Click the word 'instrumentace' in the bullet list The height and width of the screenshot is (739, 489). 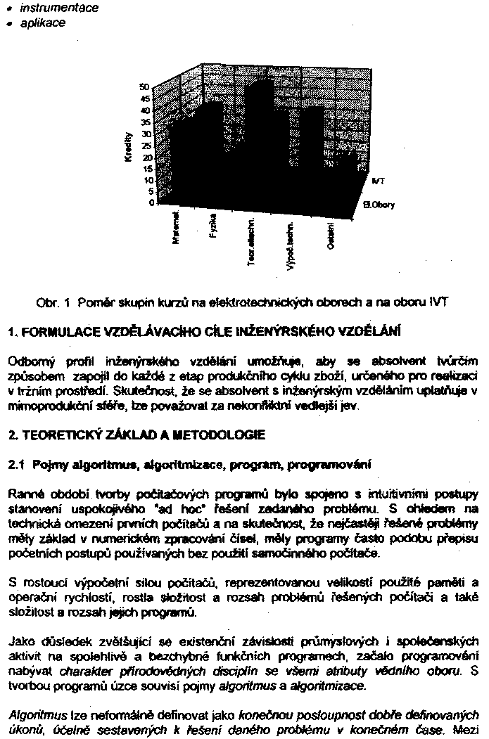(x=59, y=8)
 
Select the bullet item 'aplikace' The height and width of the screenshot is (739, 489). (x=42, y=23)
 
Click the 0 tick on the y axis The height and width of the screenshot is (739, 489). (x=148, y=203)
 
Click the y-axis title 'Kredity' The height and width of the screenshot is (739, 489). (x=127, y=148)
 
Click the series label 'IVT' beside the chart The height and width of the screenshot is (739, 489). (x=378, y=181)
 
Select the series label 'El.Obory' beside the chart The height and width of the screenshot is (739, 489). (x=379, y=205)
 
